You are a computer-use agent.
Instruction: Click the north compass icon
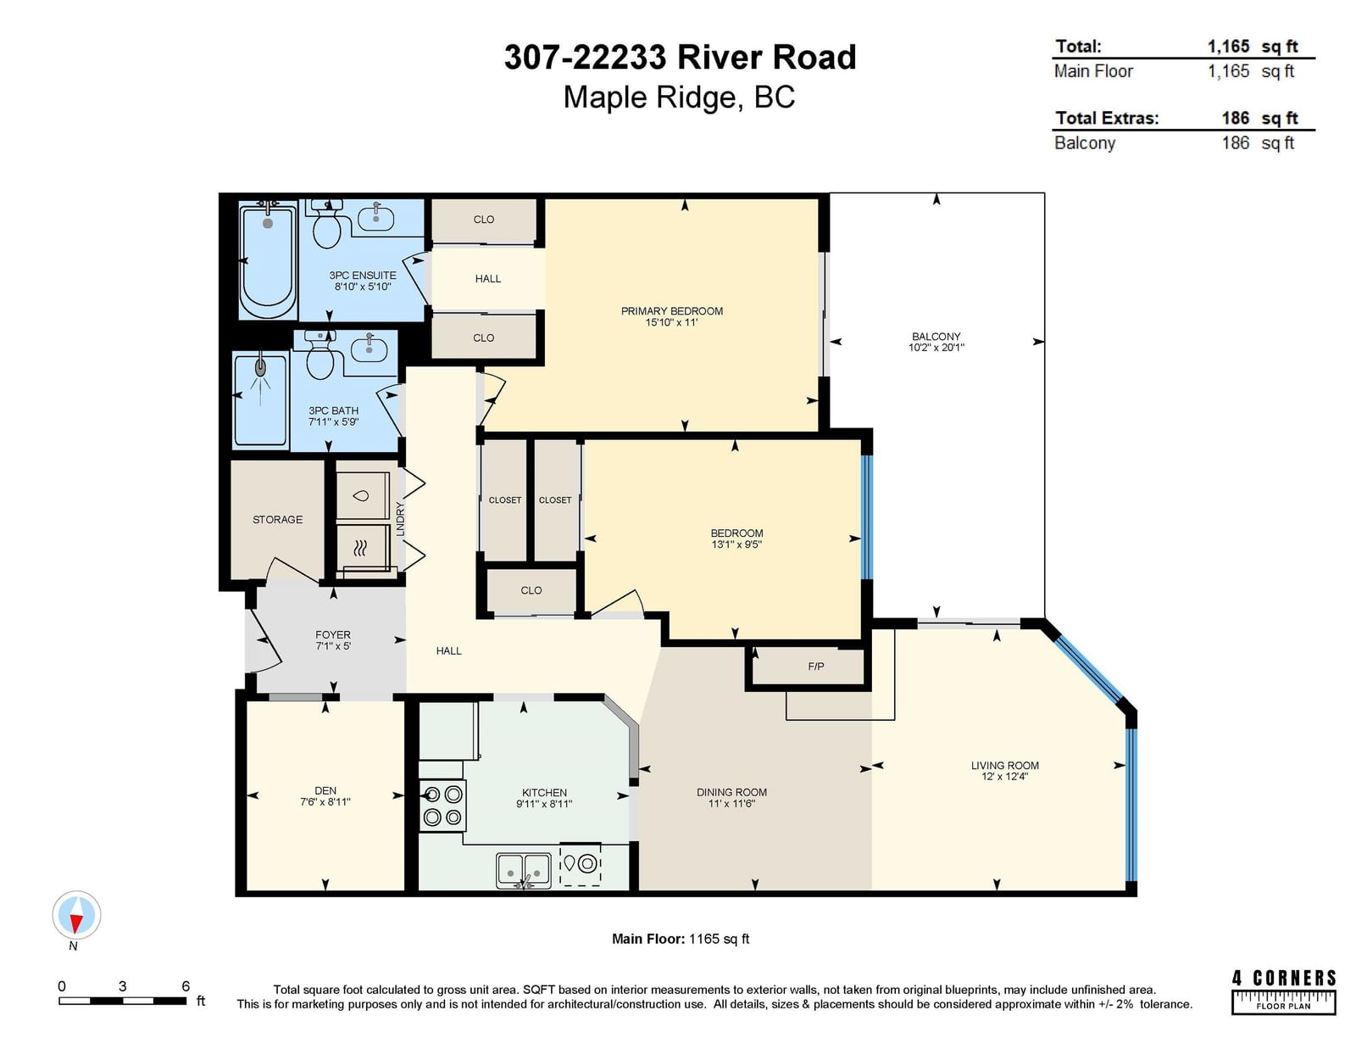pos(76,915)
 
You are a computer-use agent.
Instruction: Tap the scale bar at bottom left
pos(122,1001)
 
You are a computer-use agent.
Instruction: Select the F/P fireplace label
pos(815,667)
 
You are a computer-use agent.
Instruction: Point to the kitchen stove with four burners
pos(442,806)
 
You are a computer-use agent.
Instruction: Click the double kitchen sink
pos(524,870)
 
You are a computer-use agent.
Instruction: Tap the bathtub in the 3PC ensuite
pos(268,262)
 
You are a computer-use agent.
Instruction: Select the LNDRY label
pos(401,518)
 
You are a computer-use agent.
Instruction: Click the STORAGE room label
pos(278,520)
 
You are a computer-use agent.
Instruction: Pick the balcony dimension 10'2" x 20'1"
pos(936,348)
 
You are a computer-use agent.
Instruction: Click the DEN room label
pos(325,790)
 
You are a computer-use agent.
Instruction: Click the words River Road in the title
pos(767,58)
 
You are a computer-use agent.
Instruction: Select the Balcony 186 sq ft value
pos(1258,143)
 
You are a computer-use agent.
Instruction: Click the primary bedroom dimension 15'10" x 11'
pos(671,322)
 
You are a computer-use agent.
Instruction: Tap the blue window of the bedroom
pos(866,517)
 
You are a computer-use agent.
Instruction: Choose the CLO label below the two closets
pos(531,590)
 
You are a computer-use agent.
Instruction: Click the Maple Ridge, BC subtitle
pos(679,98)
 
